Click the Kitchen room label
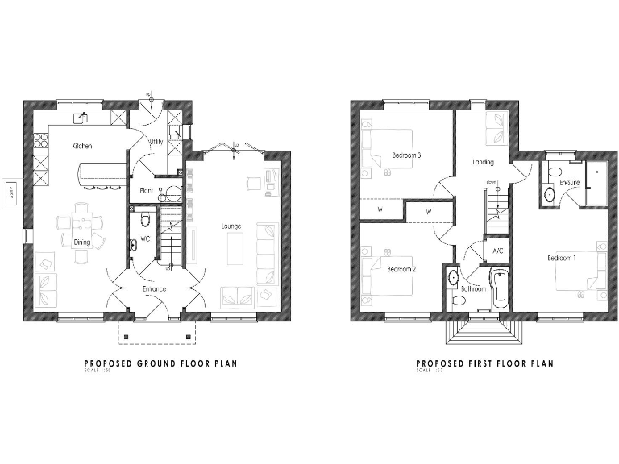pos(82,147)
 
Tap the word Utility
pos(156,141)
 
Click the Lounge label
pos(231,227)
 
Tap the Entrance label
pos(154,288)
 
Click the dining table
pos(81,224)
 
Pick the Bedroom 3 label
pos(407,155)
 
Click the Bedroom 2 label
pos(401,269)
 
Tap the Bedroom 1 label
pos(562,258)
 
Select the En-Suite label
pos(569,183)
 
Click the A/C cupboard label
pos(497,251)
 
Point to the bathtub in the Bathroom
pos(499,292)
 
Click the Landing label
pos(483,162)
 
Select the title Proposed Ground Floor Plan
pos(160,363)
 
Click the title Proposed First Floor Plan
pos(484,363)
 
